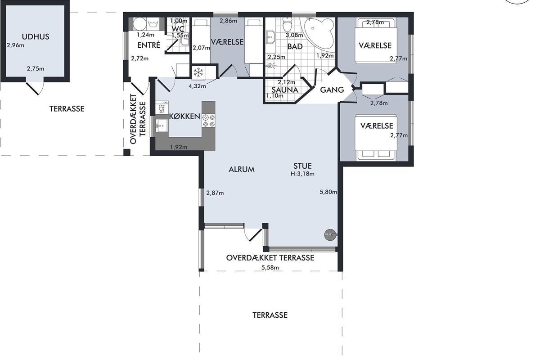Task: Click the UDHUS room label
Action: click(x=36, y=36)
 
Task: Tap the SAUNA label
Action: click(x=285, y=90)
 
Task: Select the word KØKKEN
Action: click(x=184, y=117)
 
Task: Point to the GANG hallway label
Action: click(x=332, y=90)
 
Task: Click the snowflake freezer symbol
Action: click(x=198, y=72)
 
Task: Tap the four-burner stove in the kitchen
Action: click(x=208, y=121)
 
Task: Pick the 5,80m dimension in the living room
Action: click(x=328, y=192)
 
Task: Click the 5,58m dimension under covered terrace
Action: click(x=270, y=268)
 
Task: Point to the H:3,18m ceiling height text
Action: click(x=302, y=174)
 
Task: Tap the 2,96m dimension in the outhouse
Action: click(x=15, y=45)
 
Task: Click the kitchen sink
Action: click(x=161, y=126)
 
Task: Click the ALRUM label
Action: click(x=242, y=170)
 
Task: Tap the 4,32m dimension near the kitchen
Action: click(x=197, y=86)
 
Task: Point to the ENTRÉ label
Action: click(x=149, y=45)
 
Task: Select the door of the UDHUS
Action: click(x=35, y=88)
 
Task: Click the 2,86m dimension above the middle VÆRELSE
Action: click(x=228, y=21)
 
